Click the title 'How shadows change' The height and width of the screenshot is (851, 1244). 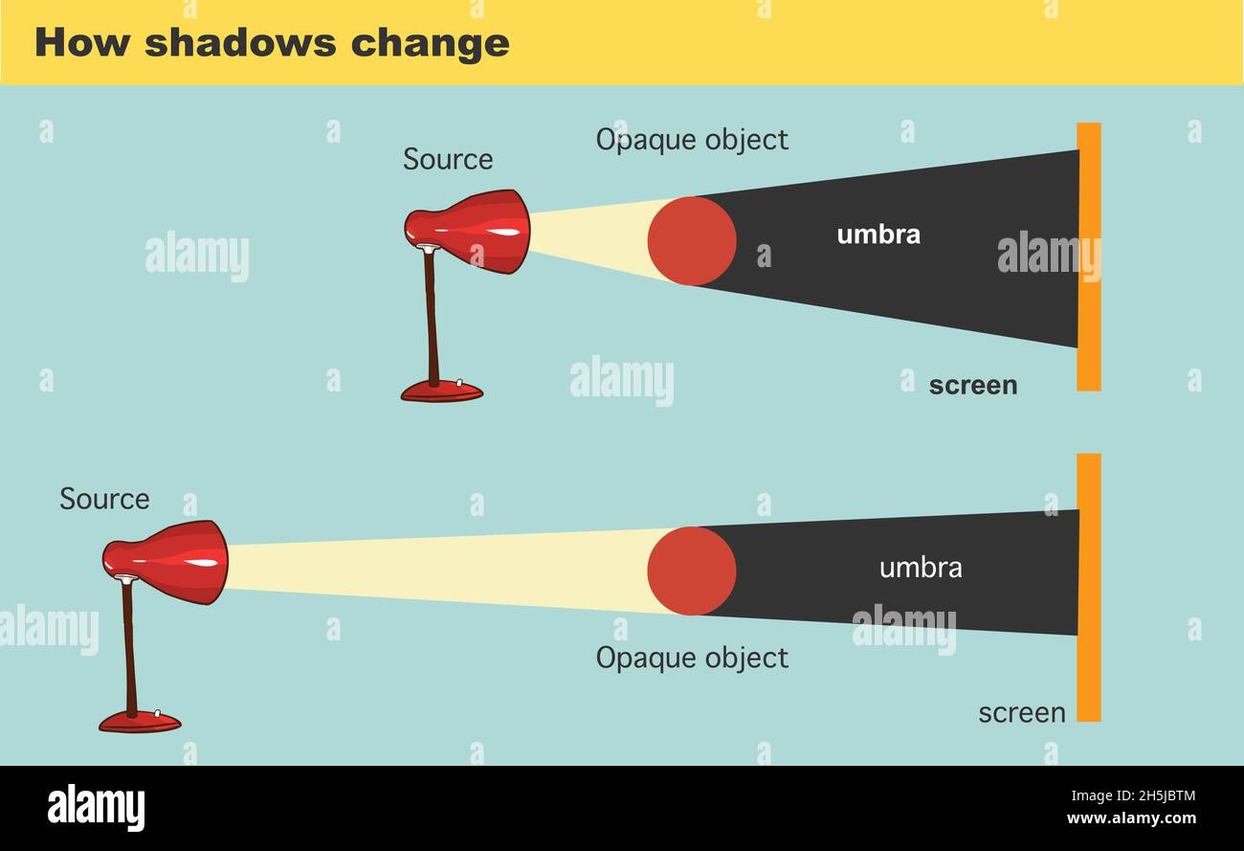(x=272, y=43)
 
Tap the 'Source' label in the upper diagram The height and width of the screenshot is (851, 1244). (x=448, y=159)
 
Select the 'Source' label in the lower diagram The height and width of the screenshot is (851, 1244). (x=104, y=499)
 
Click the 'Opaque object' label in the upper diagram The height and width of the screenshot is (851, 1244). (x=692, y=140)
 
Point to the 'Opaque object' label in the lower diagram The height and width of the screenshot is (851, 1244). (x=692, y=658)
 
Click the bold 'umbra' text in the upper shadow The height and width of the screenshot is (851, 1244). (x=878, y=235)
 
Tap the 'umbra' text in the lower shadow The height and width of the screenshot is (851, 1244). (x=921, y=568)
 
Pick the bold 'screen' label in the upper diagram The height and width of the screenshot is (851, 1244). (x=973, y=385)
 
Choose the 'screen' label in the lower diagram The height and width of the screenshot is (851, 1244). (x=1022, y=713)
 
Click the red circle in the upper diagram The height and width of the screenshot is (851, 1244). (x=692, y=241)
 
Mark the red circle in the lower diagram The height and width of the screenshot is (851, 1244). (x=692, y=571)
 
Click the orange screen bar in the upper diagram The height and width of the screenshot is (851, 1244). (x=1089, y=257)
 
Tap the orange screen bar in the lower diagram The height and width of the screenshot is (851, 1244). (x=1089, y=587)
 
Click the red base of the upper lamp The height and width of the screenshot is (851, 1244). (x=441, y=391)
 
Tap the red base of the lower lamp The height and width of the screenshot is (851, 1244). (x=140, y=721)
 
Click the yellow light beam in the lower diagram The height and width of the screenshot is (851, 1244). (x=431, y=571)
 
